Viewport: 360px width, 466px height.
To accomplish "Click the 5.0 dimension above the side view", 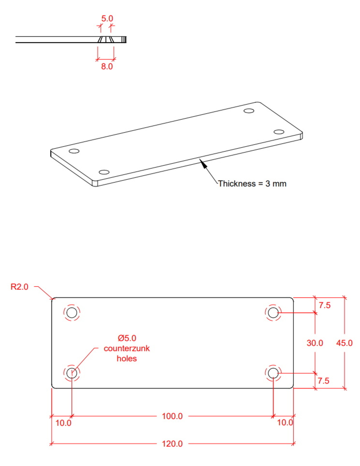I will point(107,19).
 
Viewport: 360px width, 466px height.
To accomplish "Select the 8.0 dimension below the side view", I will point(107,66).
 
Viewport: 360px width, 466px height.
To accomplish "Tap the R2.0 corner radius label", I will point(19,287).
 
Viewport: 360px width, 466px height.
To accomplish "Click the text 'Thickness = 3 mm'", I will point(252,183).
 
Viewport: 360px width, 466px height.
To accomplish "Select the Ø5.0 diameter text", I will point(127,338).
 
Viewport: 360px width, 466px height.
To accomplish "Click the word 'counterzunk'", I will point(127,348).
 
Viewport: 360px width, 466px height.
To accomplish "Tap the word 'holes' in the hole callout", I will point(127,359).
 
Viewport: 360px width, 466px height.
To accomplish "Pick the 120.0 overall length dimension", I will point(172,443).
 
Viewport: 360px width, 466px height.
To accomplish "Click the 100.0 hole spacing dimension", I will point(172,416).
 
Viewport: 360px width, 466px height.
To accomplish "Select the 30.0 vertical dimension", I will point(315,343).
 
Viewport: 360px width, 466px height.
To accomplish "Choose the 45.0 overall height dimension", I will point(344,343).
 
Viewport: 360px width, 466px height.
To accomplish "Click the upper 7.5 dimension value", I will point(324,305).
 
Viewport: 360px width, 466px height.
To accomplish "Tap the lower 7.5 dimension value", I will point(323,381).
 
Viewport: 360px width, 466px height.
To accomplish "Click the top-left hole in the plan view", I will point(72,313).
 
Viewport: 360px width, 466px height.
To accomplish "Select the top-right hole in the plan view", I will point(273,313).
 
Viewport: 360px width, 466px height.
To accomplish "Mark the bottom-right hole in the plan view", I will point(273,373).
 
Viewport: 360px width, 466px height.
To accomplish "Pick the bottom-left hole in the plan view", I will point(72,373).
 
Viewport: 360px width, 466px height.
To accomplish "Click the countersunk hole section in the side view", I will point(106,40).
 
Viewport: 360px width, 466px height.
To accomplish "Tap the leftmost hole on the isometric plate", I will point(74,151).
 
